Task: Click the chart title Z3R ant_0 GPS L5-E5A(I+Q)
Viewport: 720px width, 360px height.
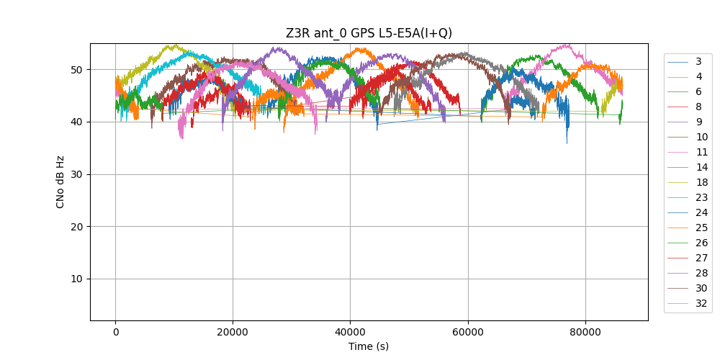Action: pyautogui.click(x=369, y=33)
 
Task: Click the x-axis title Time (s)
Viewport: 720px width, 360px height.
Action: pyautogui.click(x=369, y=346)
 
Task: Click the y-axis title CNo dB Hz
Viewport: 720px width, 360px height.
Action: pyautogui.click(x=60, y=181)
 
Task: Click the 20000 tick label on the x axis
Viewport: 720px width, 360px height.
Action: pyautogui.click(x=233, y=332)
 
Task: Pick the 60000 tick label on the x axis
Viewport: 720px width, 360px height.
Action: pyautogui.click(x=467, y=332)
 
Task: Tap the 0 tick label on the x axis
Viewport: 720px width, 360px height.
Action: pyautogui.click(x=115, y=332)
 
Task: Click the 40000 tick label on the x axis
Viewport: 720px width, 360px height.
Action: pyautogui.click(x=350, y=332)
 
